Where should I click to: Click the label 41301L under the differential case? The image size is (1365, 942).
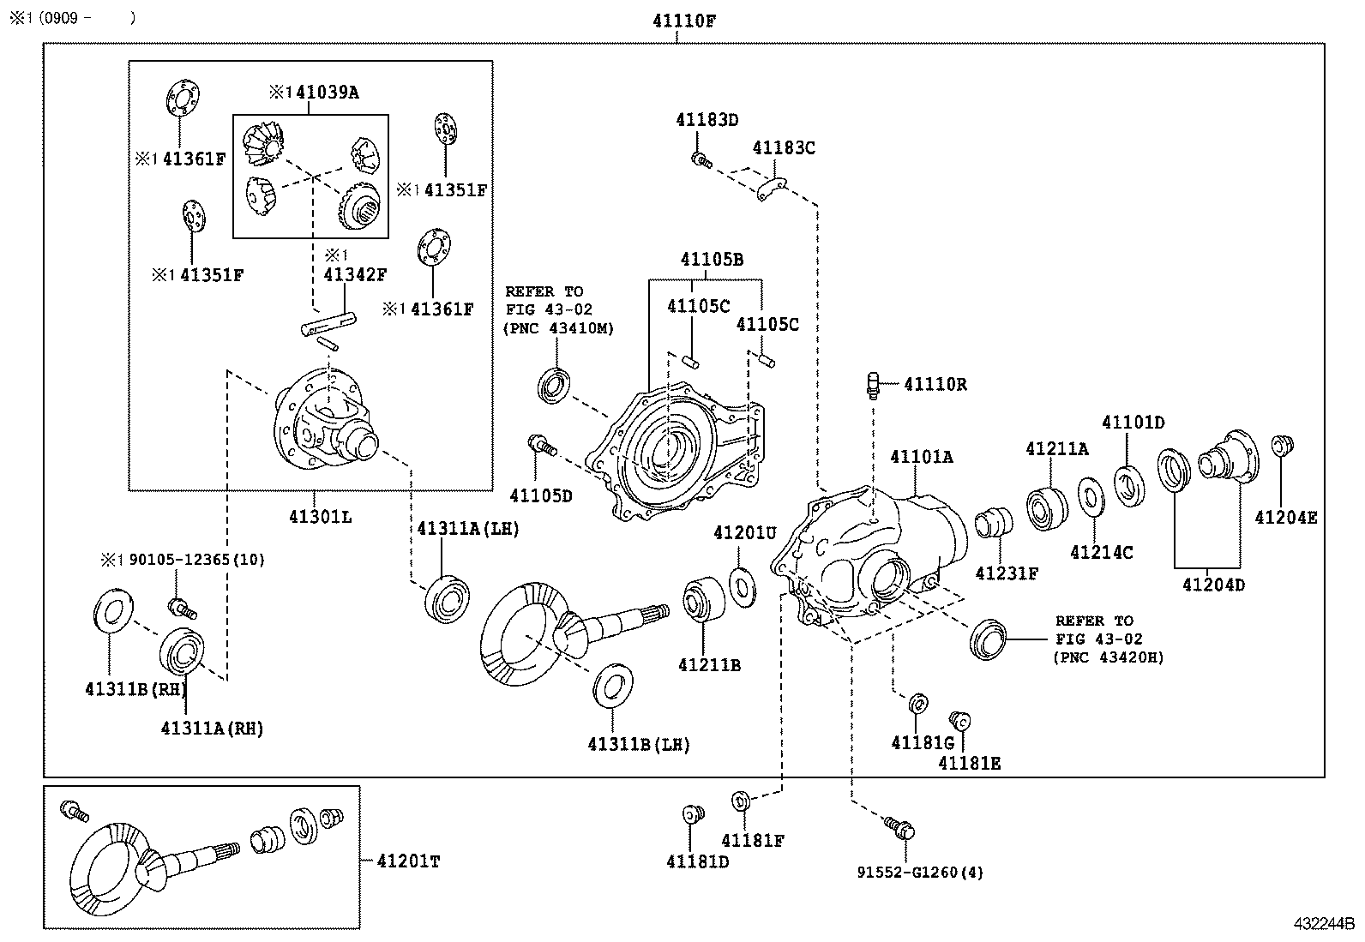(x=320, y=517)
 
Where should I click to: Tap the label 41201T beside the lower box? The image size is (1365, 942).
(x=407, y=861)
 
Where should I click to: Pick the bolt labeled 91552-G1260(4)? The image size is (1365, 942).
(x=902, y=827)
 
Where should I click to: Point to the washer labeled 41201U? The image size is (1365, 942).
(x=743, y=585)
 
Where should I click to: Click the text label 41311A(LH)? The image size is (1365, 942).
(x=469, y=529)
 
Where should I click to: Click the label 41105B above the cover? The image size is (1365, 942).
(x=712, y=259)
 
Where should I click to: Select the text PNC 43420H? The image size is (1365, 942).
(x=1109, y=657)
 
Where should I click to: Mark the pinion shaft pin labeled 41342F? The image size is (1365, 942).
(x=328, y=327)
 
